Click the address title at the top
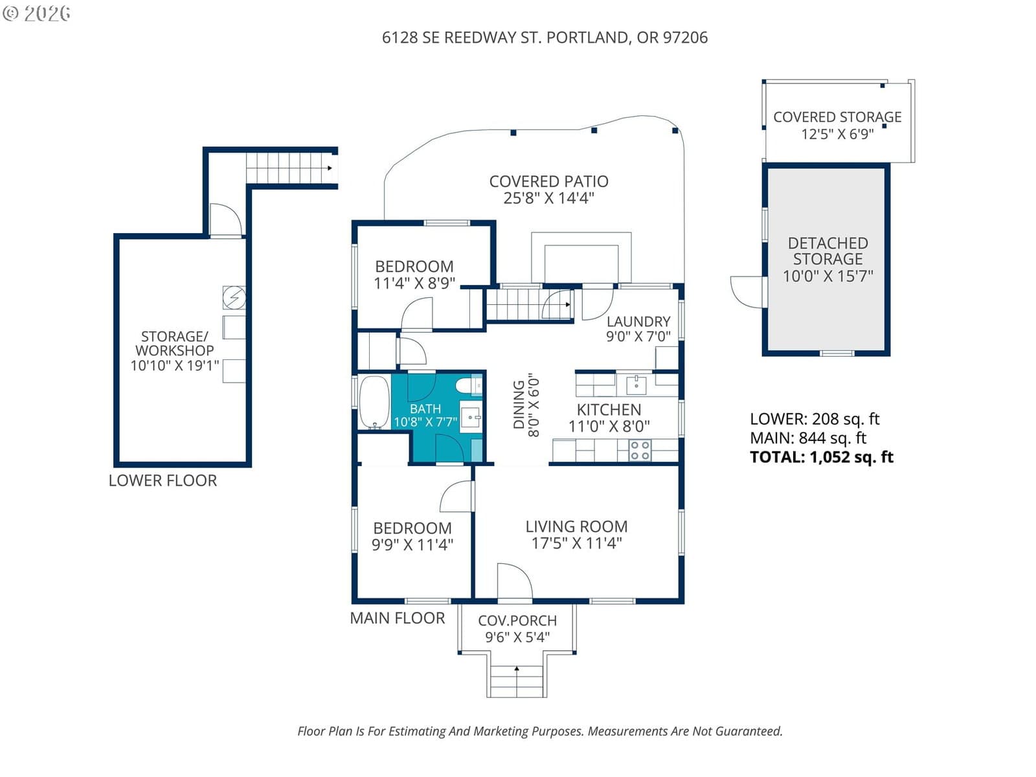[545, 38]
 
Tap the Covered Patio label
[548, 181]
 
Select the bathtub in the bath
[374, 402]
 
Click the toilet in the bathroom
[467, 387]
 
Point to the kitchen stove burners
[640, 451]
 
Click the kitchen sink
[635, 385]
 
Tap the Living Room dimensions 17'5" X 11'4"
[576, 543]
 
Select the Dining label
[519, 405]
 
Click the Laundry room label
[638, 321]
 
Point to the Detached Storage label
[828, 251]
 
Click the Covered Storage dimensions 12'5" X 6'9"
[837, 134]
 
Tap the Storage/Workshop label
[174, 343]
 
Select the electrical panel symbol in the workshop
[234, 297]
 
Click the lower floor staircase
[289, 168]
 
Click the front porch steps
[516, 681]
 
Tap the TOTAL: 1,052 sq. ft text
[821, 457]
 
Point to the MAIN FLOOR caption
[397, 618]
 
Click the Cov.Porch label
[517, 620]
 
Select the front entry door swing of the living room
[513, 581]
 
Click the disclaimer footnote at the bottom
[539, 731]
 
